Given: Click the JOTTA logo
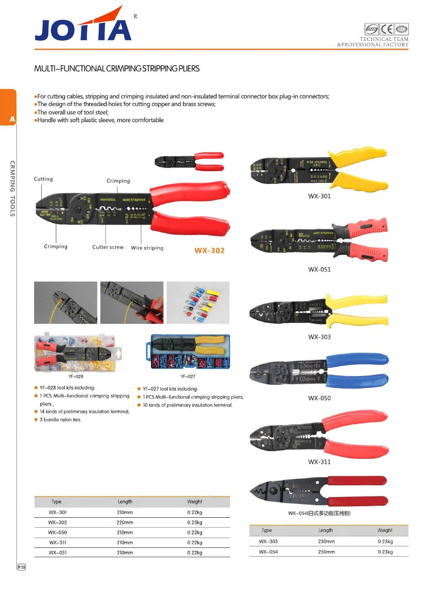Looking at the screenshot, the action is pyautogui.click(x=83, y=26).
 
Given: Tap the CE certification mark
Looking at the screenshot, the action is pyautogui.click(x=387, y=29).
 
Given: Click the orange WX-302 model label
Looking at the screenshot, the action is pyautogui.click(x=210, y=251).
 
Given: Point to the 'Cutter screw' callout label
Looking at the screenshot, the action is pyautogui.click(x=108, y=247).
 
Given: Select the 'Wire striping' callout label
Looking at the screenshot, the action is pyautogui.click(x=147, y=248).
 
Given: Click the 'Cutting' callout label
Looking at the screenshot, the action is pyautogui.click(x=43, y=179).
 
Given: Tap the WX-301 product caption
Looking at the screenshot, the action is pyautogui.click(x=319, y=196).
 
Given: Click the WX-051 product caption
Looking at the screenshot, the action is pyautogui.click(x=319, y=269).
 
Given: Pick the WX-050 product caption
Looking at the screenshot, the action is pyautogui.click(x=319, y=398).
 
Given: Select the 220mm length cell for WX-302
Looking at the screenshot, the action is pyautogui.click(x=125, y=523).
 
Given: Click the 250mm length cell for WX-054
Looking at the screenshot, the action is pyautogui.click(x=326, y=552).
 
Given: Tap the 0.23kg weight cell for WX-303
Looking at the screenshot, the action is pyautogui.click(x=385, y=541).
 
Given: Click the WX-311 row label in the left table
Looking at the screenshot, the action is pyautogui.click(x=58, y=543).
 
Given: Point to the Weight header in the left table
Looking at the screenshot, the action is pyautogui.click(x=194, y=502).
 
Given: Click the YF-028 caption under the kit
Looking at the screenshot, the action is pyautogui.click(x=76, y=377).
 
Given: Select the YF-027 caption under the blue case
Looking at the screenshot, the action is pyautogui.click(x=188, y=377).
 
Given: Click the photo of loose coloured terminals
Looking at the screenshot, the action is pyautogui.click(x=198, y=303).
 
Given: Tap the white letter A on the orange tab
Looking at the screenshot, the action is pyautogui.click(x=12, y=119).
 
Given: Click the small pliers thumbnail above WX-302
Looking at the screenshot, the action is pyautogui.click(x=189, y=161).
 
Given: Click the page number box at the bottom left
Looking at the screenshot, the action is pyautogui.click(x=22, y=567).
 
